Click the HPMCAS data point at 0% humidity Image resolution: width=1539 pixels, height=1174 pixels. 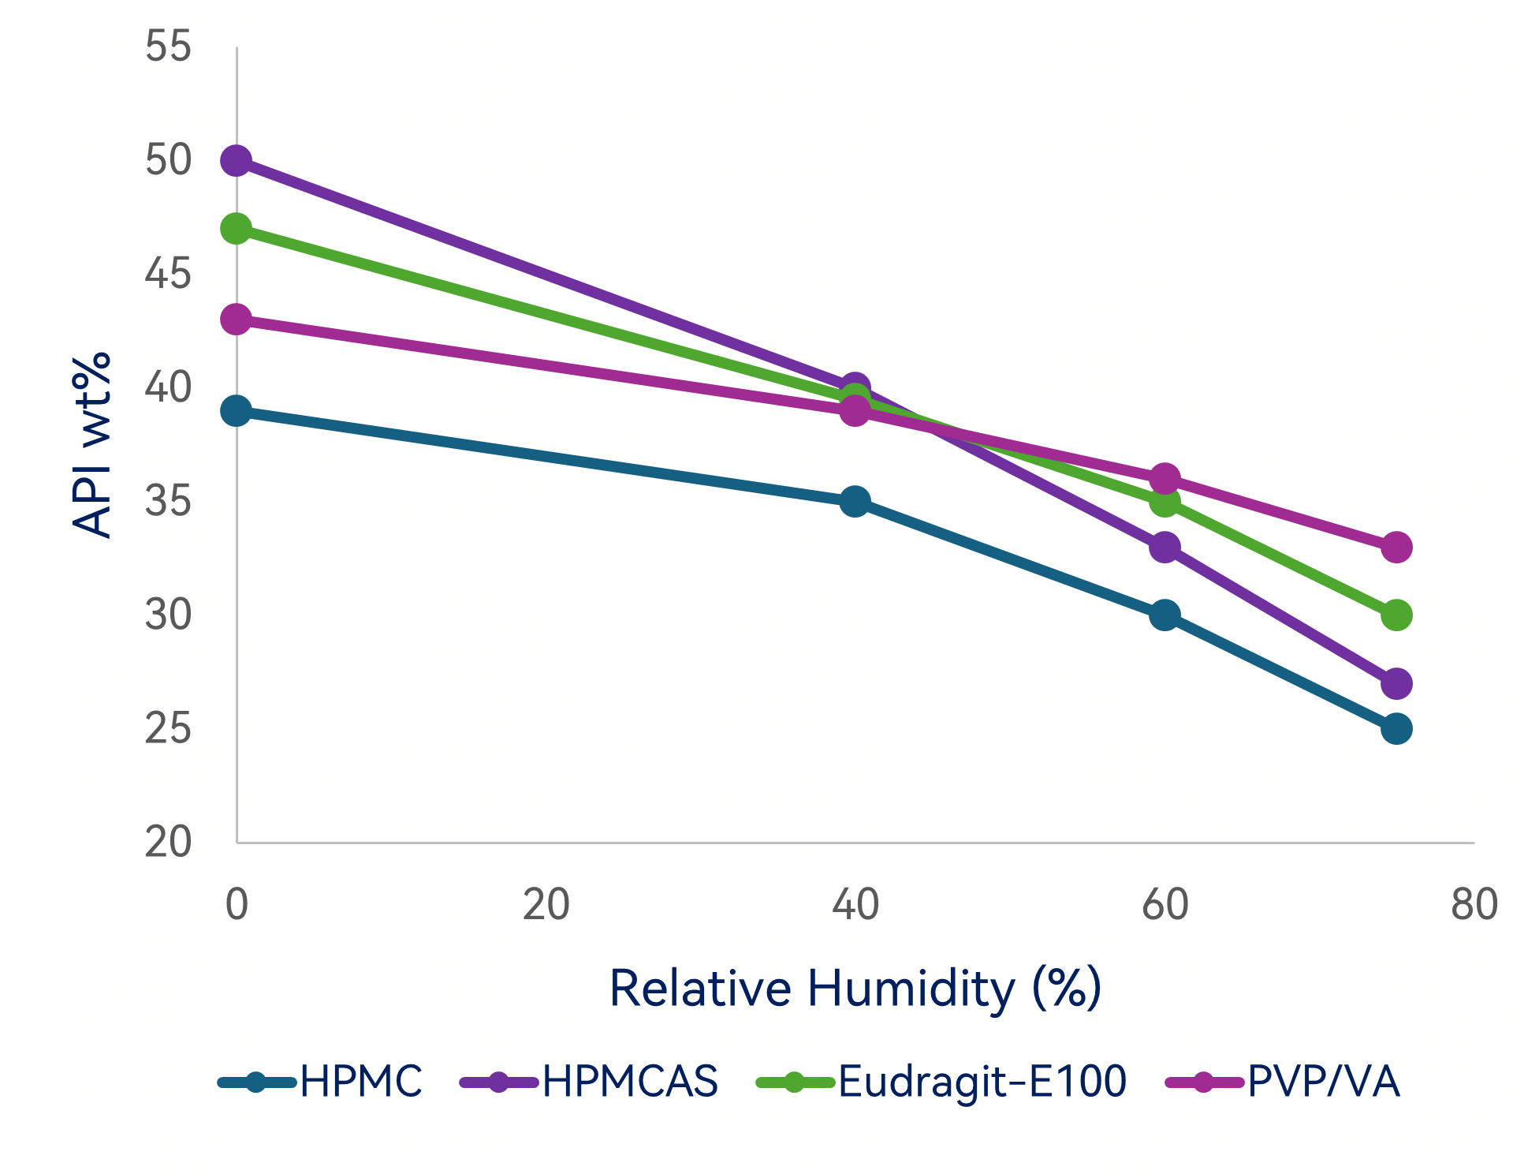tap(237, 161)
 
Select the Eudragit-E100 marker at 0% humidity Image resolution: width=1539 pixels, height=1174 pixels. tap(237, 229)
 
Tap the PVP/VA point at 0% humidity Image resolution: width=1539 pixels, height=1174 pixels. tap(237, 320)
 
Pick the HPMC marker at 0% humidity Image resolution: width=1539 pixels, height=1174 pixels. tap(237, 411)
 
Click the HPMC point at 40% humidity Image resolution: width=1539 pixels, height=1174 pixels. tap(855, 502)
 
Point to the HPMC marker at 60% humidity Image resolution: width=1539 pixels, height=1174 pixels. tap(1164, 615)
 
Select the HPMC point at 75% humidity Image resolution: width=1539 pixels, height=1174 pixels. tap(1396, 729)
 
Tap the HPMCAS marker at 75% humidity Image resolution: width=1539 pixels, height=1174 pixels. tap(1396, 683)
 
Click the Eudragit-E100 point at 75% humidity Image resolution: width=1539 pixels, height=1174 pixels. tap(1396, 615)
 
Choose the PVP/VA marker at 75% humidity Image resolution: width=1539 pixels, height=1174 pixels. tap(1396, 547)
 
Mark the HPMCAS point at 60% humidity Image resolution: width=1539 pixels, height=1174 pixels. tap(1164, 547)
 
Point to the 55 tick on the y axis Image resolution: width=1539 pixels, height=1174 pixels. tap(168, 47)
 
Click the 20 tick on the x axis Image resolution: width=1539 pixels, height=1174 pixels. tap(546, 905)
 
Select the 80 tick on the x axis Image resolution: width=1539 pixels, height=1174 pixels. tap(1474, 905)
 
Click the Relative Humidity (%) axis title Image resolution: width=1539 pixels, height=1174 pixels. tap(855, 988)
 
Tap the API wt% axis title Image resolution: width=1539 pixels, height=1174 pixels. tap(91, 445)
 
